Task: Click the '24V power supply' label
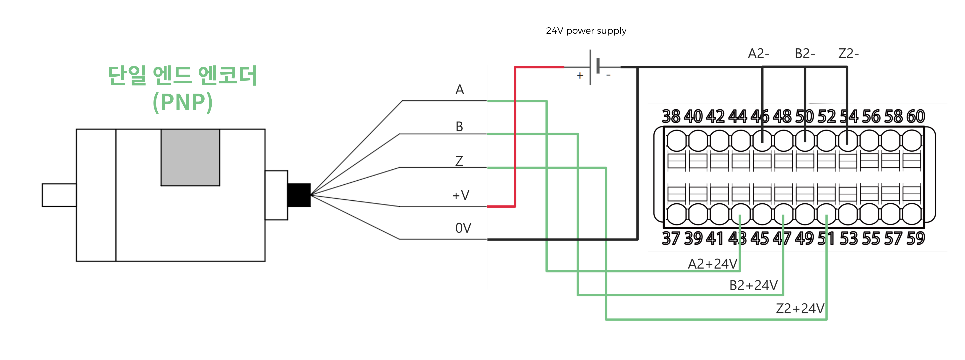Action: [586, 31]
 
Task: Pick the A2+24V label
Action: [713, 264]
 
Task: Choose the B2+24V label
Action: [753, 285]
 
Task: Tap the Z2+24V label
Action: [800, 309]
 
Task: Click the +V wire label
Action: [461, 195]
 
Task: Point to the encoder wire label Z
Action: [459, 161]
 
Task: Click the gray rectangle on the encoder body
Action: [190, 157]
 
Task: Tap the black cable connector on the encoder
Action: [299, 195]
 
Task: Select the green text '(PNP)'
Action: [183, 102]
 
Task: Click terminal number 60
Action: [916, 117]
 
